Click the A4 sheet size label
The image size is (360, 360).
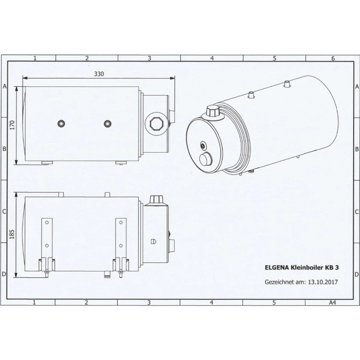point(332,302)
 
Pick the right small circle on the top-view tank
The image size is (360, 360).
point(107,124)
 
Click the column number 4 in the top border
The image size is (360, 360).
point(211,58)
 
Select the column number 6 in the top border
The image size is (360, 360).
point(332,58)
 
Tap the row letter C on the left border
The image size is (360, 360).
point(4,211)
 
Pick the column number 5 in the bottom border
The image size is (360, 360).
point(274,302)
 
